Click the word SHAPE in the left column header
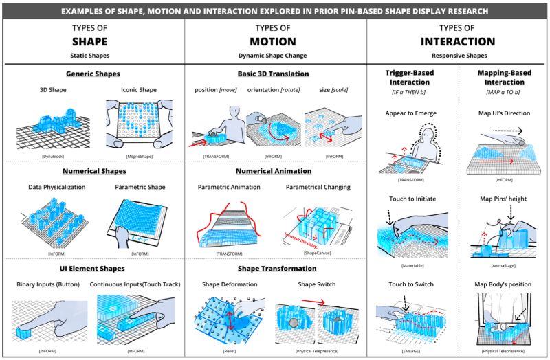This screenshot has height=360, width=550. tap(93, 40)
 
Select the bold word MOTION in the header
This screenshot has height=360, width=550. tap(275, 40)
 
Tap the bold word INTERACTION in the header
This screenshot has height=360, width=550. tap(457, 40)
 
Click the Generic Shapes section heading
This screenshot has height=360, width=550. tap(93, 74)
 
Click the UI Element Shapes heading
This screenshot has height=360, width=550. tap(93, 268)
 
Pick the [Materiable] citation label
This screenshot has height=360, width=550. tap(412, 265)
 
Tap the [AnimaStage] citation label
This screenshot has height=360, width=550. tap(504, 265)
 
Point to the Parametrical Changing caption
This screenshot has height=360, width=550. tap(318, 186)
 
